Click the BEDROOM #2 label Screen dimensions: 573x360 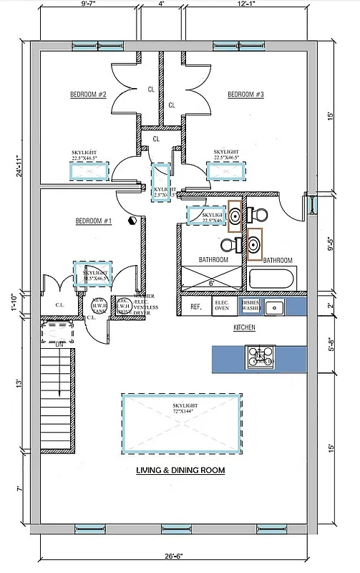88,95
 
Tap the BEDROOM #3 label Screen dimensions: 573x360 246,95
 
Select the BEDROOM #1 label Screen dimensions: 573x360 94,221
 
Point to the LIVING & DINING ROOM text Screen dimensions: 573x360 180,471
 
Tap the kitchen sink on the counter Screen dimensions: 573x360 273,307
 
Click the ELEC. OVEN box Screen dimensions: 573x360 222,307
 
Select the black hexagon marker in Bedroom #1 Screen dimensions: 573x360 132,221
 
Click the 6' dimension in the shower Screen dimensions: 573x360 213,284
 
